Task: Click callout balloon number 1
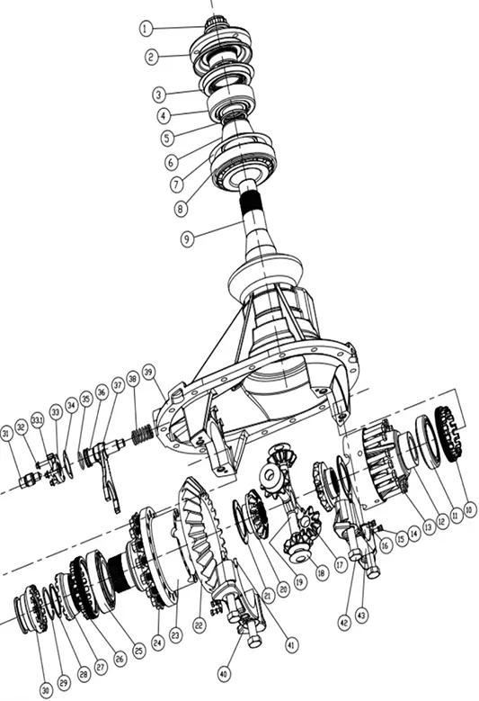(146, 28)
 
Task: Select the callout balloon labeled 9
(186, 238)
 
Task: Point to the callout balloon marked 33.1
(39, 420)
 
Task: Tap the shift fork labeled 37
(107, 468)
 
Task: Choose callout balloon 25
(138, 649)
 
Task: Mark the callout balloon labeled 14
(413, 532)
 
